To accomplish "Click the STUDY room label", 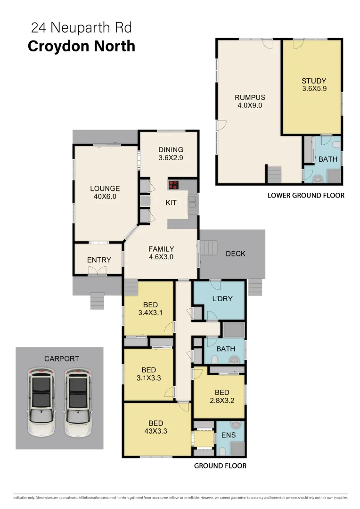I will pos(314,81).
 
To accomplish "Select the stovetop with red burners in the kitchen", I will pos(174,184).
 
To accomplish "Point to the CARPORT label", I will pos(62,359).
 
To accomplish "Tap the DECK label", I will pos(236,254).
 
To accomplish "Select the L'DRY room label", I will pos(222,298).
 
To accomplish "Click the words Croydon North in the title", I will pos(82,46).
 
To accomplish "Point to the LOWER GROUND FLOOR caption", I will pos(306,195).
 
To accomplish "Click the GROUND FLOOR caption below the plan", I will pos(220,466).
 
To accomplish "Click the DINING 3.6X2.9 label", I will pos(171,154).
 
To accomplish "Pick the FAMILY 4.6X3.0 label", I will pos(161,253).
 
